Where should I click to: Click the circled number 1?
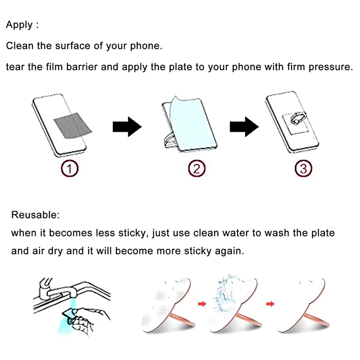[70, 168]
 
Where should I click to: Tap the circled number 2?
[197, 168]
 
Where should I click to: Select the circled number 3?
[303, 168]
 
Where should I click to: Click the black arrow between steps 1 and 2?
[127, 127]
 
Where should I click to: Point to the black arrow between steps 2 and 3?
[244, 127]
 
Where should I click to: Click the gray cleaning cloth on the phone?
[72, 126]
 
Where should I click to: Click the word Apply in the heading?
[19, 25]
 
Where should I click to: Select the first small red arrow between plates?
[202, 304]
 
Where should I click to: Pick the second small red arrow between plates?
[270, 304]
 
